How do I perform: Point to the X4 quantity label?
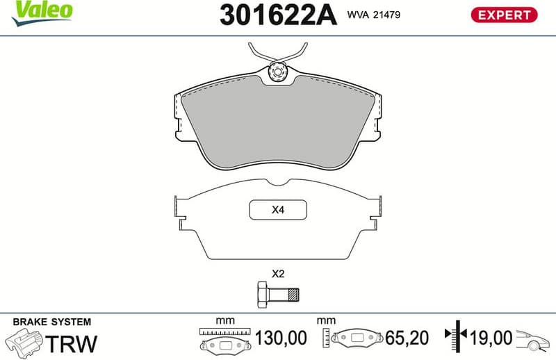tap(278, 210)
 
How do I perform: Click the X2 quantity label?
tap(278, 273)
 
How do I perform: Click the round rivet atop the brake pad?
tap(278, 71)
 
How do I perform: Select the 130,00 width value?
tap(281, 338)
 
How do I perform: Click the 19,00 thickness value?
tap(491, 338)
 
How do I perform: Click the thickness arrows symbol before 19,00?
tap(458, 338)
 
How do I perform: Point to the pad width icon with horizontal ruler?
tap(222, 340)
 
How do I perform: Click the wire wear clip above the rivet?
tap(278, 53)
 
